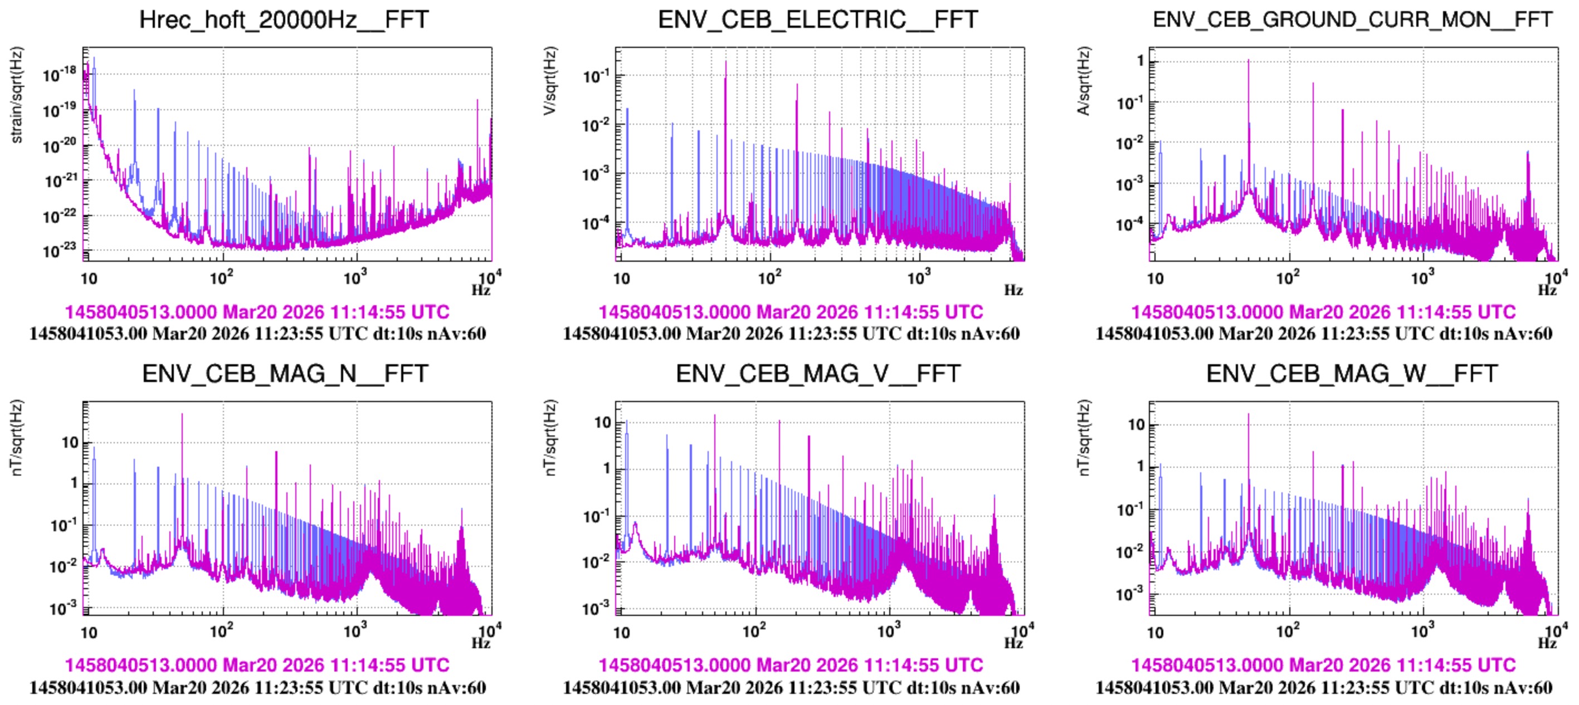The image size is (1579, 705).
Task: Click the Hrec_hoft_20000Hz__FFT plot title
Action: click(x=284, y=19)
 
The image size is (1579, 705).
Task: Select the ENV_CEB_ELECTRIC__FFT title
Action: click(x=818, y=19)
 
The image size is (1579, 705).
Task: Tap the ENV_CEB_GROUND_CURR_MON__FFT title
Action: click(x=1352, y=19)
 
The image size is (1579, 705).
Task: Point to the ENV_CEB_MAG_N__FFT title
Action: click(x=285, y=374)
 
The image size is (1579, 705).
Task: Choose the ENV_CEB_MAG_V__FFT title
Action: click(x=818, y=374)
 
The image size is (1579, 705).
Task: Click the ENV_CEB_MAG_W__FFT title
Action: click(x=1352, y=374)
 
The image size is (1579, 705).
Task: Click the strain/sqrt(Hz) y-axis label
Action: click(x=17, y=95)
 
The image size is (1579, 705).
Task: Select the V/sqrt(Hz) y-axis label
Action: click(x=550, y=81)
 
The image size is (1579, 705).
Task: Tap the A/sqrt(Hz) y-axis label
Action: click(x=1084, y=81)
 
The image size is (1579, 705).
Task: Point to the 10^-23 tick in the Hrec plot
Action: click(x=60, y=250)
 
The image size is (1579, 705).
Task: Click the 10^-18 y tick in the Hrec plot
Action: click(x=60, y=74)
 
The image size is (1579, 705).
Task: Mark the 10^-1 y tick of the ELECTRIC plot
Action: click(x=595, y=76)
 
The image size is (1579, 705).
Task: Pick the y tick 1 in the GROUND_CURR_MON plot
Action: click(x=1140, y=61)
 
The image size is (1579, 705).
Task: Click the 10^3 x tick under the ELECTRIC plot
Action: click(x=918, y=278)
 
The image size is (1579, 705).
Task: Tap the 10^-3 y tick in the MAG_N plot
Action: click(x=63, y=608)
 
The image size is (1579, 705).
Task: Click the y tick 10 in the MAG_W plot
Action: click(x=1137, y=424)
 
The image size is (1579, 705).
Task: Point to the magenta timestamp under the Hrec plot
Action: click(x=257, y=312)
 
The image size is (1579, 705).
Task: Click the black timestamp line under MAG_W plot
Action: click(x=1324, y=687)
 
